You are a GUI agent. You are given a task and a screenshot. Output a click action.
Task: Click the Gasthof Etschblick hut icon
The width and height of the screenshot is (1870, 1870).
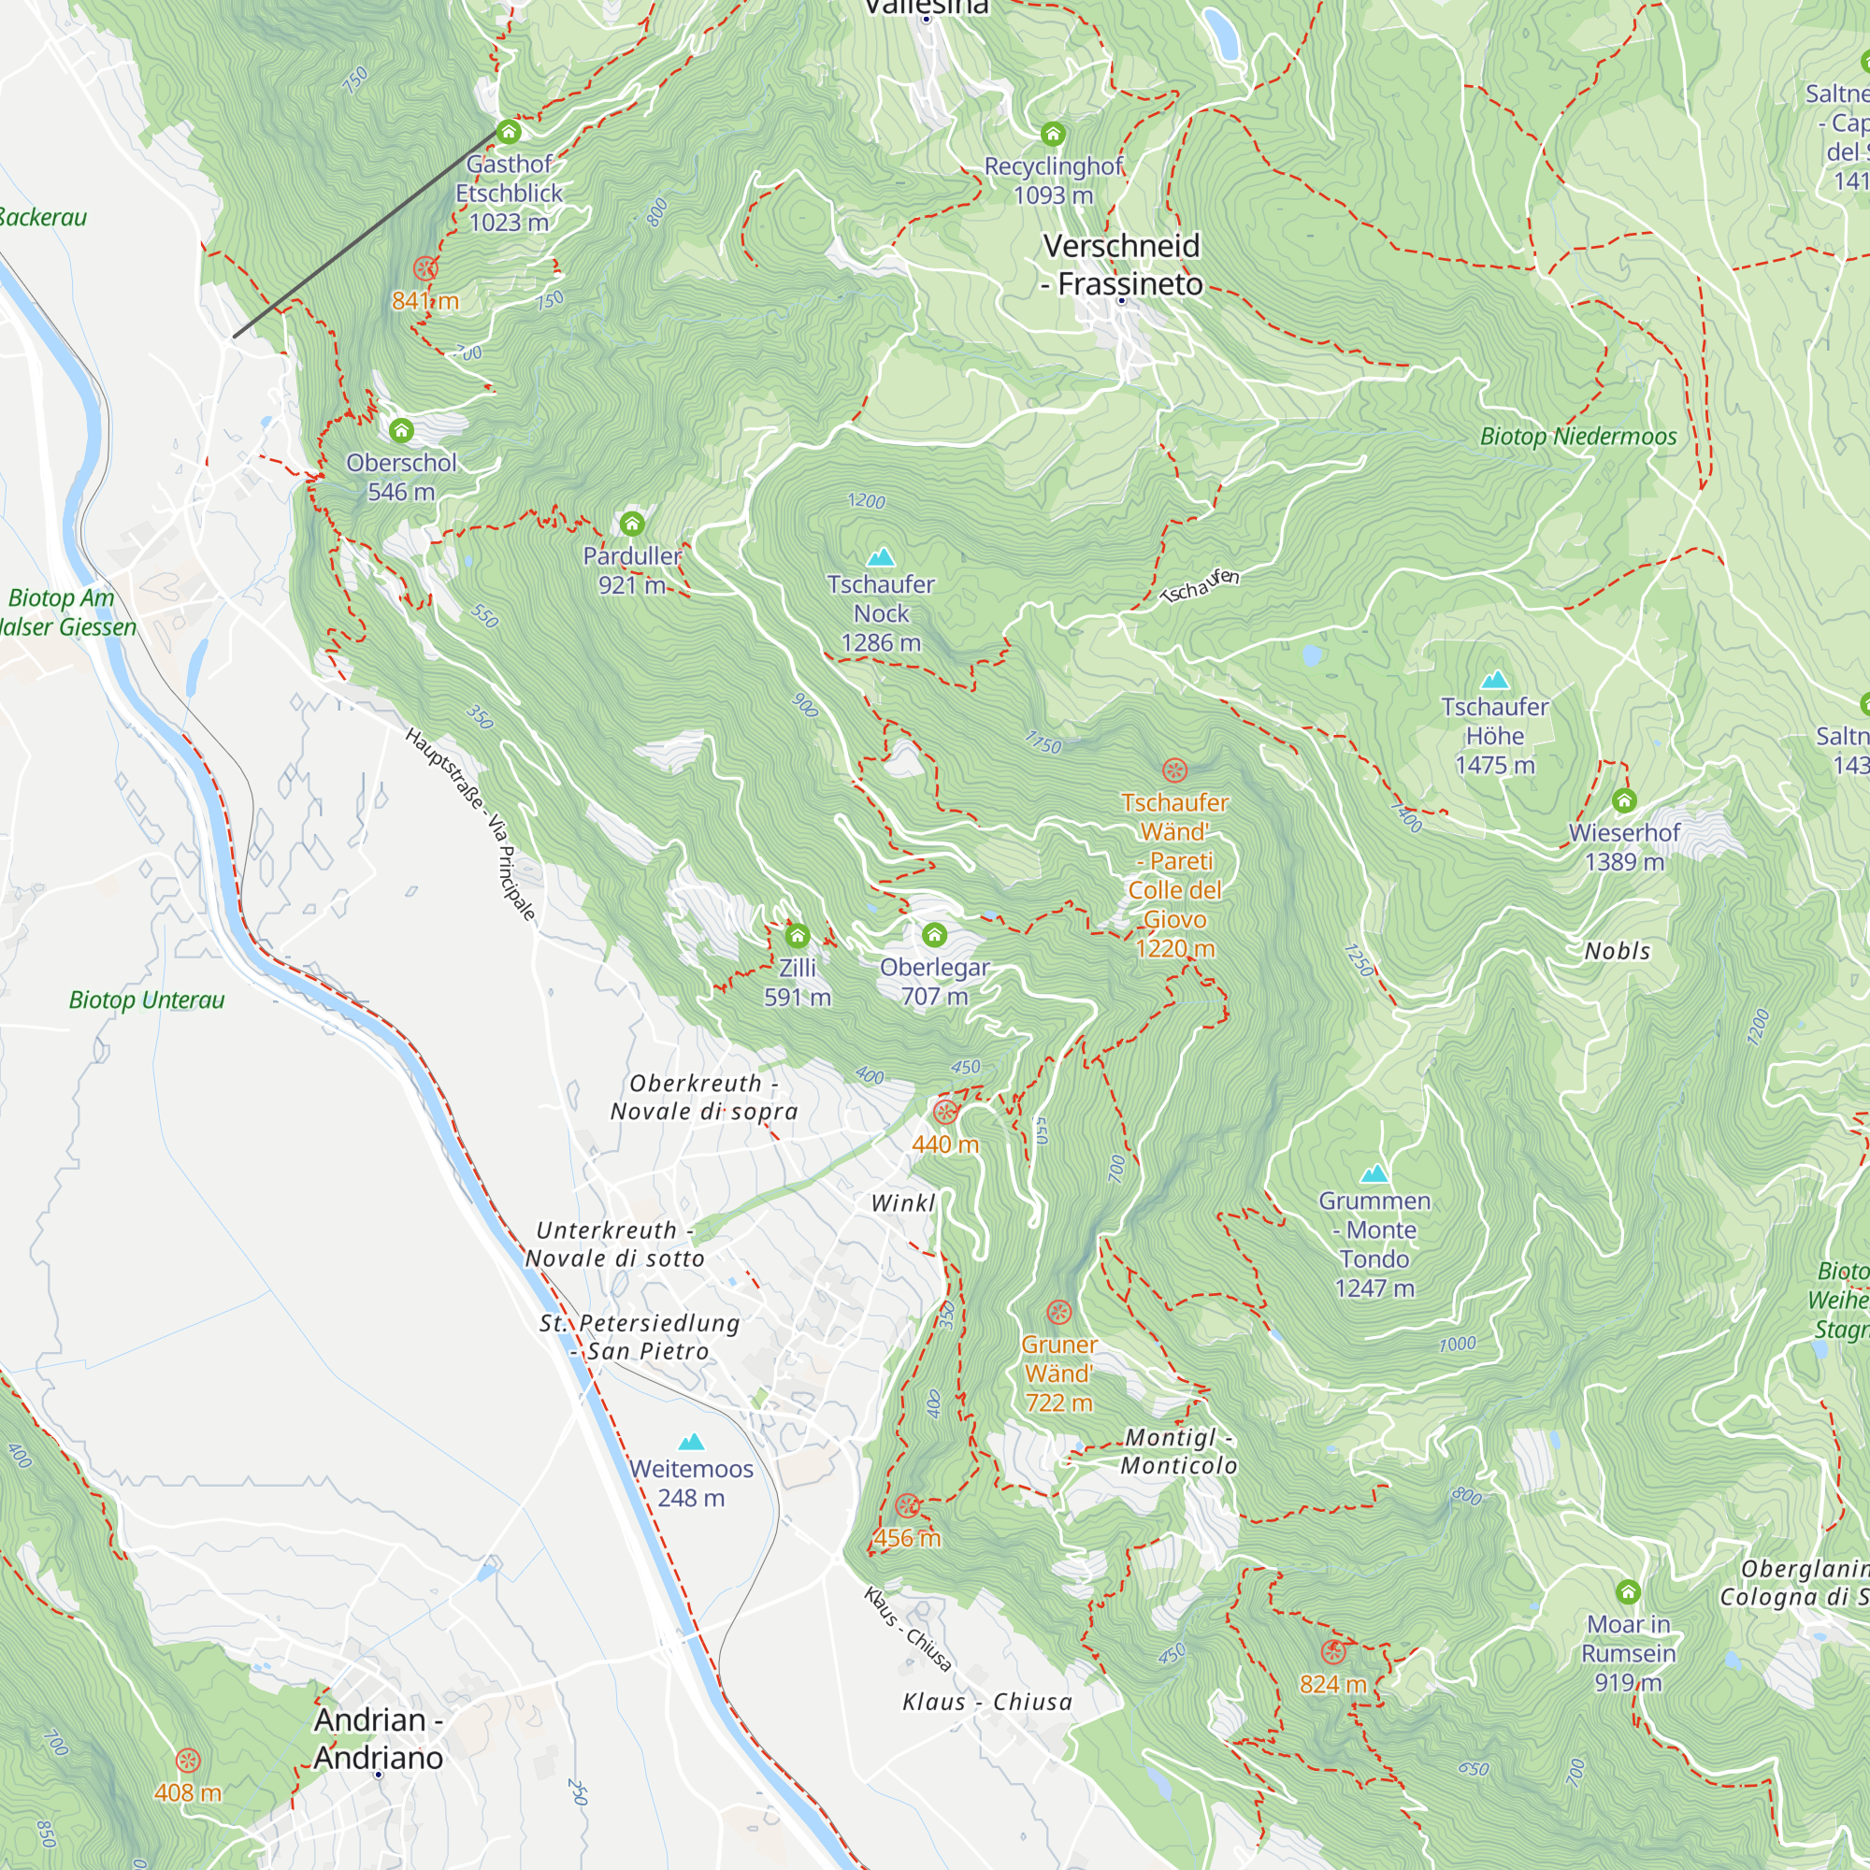coord(508,132)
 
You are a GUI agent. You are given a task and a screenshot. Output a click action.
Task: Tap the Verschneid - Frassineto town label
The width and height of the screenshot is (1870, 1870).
coord(1122,265)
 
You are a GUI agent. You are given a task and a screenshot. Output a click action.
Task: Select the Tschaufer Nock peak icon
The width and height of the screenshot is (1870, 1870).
coord(880,557)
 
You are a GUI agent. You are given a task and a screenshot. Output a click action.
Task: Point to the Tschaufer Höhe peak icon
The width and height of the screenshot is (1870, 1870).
coord(1494,680)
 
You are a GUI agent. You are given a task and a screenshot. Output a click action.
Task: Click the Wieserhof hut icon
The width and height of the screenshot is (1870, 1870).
coord(1624,800)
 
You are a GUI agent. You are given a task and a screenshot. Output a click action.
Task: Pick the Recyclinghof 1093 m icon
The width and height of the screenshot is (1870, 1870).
coord(1053,134)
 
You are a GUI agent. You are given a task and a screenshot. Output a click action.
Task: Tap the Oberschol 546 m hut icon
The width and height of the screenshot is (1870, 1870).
coord(401,430)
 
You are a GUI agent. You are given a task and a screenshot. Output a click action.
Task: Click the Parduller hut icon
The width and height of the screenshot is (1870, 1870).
coord(632,524)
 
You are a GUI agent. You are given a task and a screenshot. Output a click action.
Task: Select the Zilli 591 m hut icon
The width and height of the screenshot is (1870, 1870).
coord(797,936)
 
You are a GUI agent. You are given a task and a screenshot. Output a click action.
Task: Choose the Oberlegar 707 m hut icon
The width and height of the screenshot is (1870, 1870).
coord(934,935)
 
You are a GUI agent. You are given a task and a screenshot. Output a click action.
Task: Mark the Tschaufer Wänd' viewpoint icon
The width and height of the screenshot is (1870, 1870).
coord(1174,770)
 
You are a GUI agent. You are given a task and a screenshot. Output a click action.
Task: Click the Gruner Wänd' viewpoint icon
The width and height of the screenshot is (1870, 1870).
coord(1059,1313)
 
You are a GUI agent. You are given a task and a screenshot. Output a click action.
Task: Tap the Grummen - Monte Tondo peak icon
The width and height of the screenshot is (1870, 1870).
coord(1374,1174)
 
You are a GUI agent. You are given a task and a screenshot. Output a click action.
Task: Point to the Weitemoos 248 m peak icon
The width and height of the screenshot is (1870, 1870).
coord(691,1442)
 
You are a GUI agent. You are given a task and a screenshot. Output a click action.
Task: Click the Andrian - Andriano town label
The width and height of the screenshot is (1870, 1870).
coord(379,1738)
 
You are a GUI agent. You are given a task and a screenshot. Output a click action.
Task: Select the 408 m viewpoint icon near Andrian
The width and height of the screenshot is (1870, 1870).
coord(188,1760)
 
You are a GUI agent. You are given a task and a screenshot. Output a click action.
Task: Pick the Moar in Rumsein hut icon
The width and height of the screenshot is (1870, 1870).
coord(1628,1591)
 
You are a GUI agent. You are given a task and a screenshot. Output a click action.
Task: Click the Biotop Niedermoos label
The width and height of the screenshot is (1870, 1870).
coord(1577,437)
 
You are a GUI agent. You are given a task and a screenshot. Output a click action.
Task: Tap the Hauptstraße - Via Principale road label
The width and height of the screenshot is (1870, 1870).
coord(470,823)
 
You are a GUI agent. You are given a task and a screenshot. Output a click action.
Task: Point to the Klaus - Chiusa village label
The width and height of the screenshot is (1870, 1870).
coord(987,1702)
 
